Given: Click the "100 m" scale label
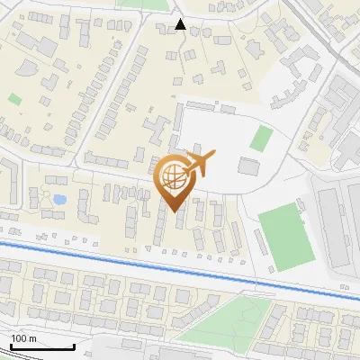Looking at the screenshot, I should click(x=23, y=338).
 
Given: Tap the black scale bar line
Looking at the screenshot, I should click(x=41, y=346).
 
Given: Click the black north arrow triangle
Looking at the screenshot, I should click(x=181, y=24).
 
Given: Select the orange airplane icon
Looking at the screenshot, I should click(x=199, y=165).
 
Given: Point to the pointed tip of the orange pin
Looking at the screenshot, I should click(x=174, y=211).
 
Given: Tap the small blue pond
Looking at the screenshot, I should click(x=59, y=199).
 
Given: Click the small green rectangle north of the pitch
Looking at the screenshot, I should click(x=261, y=138).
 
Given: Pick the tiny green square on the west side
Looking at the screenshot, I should click(x=14, y=99).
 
